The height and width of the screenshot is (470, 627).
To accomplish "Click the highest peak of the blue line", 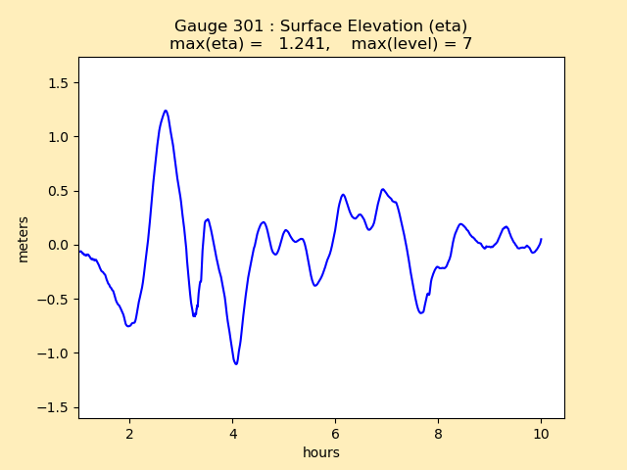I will tap(166, 111).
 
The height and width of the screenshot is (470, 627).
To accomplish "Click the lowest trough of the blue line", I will tap(236, 364).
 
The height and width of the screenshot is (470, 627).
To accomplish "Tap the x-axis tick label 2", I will tap(129, 434).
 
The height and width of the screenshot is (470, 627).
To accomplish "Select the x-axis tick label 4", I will tap(232, 434).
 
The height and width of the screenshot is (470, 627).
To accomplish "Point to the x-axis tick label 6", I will tap(335, 434).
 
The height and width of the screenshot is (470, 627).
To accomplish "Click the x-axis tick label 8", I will tap(438, 434).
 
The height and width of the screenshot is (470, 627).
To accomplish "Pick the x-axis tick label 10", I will tap(541, 434).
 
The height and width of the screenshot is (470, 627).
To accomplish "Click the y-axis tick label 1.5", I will tap(59, 83).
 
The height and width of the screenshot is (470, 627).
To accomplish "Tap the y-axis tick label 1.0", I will tap(59, 137).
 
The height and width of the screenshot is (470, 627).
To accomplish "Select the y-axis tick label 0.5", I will tap(59, 191).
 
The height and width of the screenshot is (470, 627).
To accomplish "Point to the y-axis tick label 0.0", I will tap(59, 245).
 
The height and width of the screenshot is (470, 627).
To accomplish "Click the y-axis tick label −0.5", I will tap(55, 300).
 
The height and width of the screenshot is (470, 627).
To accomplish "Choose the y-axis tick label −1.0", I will tap(55, 353).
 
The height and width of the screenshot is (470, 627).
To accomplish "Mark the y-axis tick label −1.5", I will tap(55, 407).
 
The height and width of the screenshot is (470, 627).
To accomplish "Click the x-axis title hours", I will tap(321, 452).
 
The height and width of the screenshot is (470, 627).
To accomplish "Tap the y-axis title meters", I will tap(24, 239).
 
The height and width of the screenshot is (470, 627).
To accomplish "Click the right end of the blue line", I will tap(541, 239).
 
